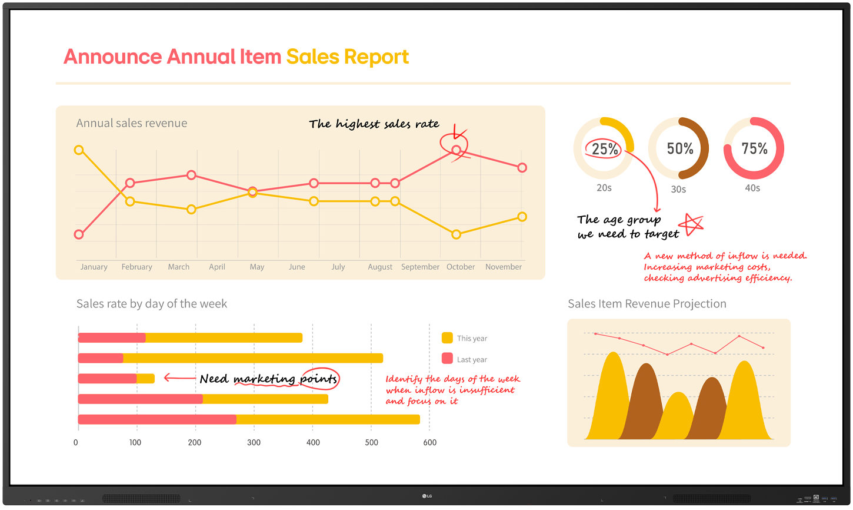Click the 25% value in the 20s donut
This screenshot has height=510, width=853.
tap(605, 148)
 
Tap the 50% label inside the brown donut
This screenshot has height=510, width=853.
tap(679, 148)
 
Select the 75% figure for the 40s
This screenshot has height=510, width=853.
tap(754, 148)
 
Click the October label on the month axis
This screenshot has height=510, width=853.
tap(461, 267)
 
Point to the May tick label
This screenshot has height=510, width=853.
tap(256, 267)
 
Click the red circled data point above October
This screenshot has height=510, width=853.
tap(456, 150)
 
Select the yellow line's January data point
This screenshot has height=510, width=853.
tap(79, 150)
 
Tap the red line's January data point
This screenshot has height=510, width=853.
tap(79, 234)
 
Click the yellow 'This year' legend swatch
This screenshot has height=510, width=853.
tap(447, 337)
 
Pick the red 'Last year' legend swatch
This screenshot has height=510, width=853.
tap(447, 359)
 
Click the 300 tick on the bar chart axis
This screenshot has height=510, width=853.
tap(254, 442)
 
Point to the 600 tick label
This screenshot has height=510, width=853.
tap(430, 442)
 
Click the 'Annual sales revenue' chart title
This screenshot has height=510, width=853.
tap(131, 123)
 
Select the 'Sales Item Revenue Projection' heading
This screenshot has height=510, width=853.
tap(647, 304)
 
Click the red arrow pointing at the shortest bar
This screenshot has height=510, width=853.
tap(180, 377)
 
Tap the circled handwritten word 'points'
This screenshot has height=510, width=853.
tap(319, 379)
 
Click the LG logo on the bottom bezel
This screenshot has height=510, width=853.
tap(427, 496)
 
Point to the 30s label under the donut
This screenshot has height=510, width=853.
tap(678, 190)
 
